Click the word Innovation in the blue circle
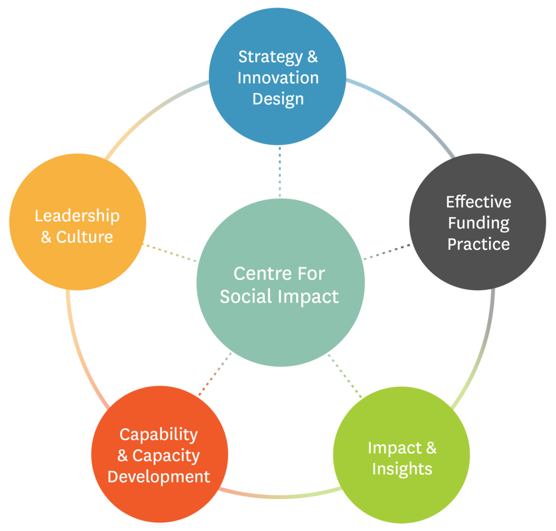coord(278,78)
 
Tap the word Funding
coord(479,223)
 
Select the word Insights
coord(402,469)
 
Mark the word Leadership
coord(77,216)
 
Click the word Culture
coord(85,237)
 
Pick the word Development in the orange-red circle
coord(159,477)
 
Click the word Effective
coord(479,201)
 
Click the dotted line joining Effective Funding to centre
coord(387,251)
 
